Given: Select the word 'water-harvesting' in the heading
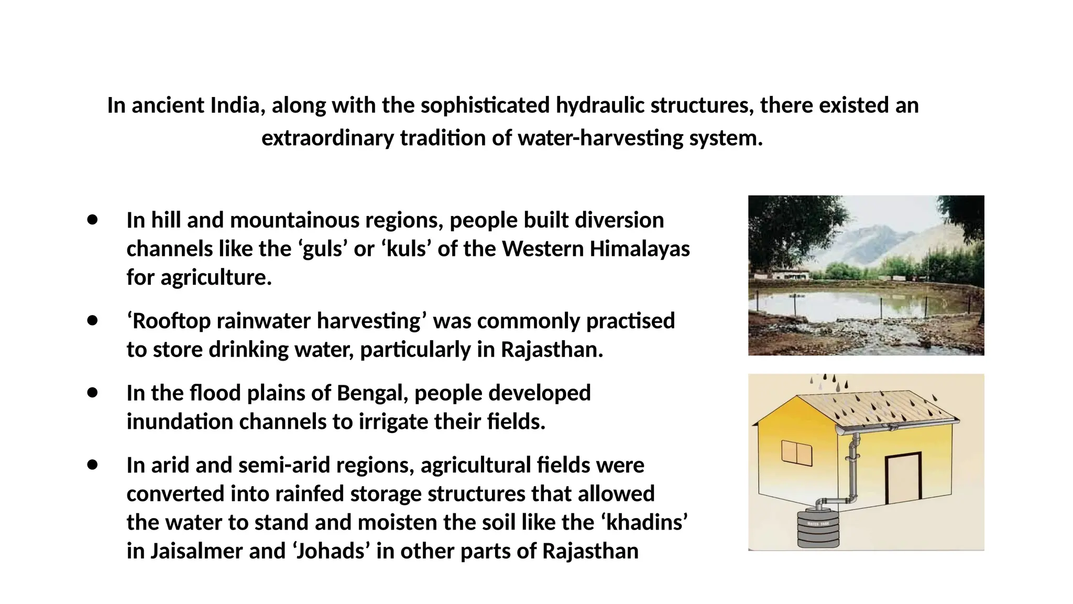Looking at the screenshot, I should (600, 138).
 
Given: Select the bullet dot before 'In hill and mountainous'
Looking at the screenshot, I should (93, 220).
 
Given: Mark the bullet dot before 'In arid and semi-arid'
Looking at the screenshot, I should (93, 465).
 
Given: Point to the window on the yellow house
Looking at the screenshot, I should (796, 452).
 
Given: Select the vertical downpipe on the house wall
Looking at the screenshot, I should (853, 467).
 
